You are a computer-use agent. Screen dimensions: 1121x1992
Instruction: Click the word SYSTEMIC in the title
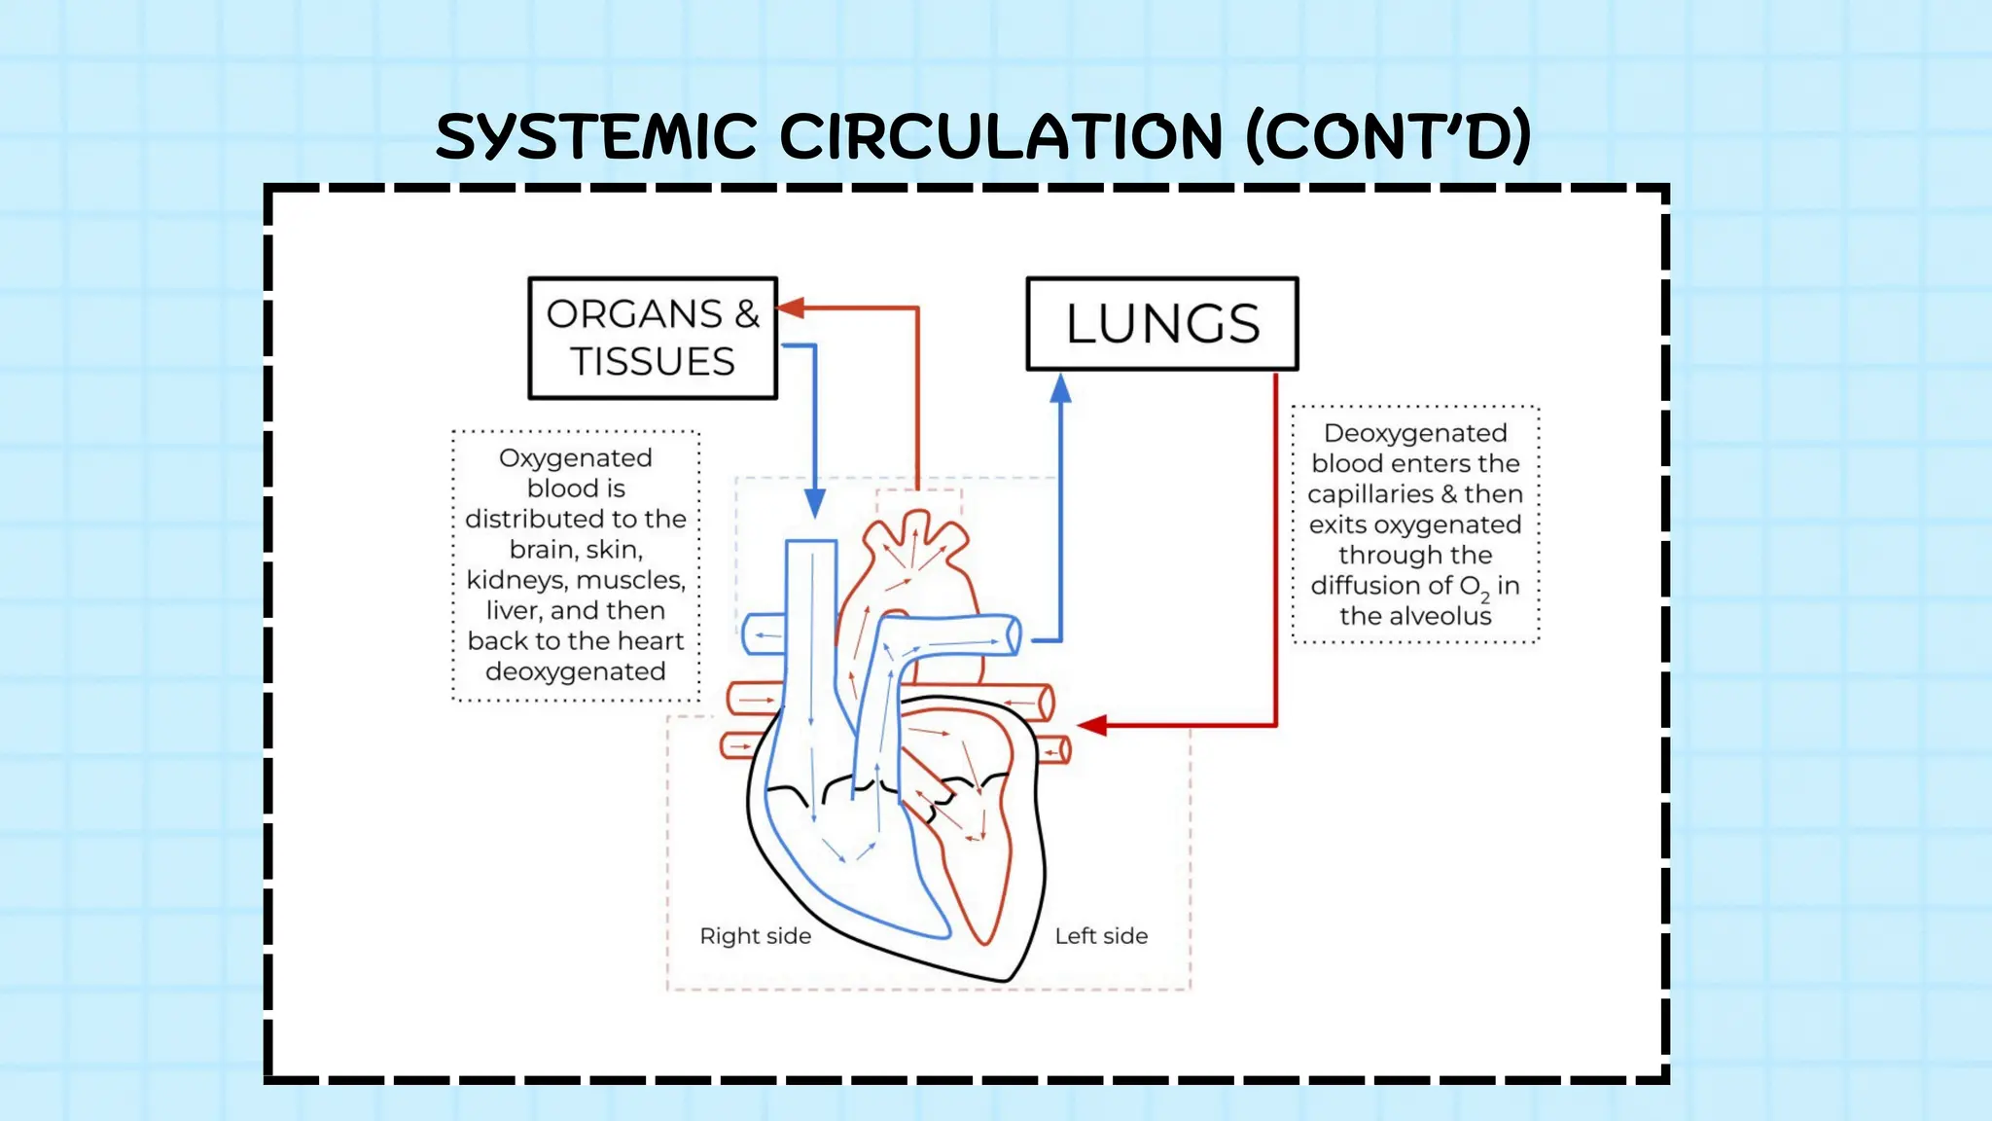595,136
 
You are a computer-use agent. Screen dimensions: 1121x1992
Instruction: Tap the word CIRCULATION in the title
1000,136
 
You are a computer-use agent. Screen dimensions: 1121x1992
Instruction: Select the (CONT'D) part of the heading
1388,136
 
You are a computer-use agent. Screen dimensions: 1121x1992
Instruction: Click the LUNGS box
1162,324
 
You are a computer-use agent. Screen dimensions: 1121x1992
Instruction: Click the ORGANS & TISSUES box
653,338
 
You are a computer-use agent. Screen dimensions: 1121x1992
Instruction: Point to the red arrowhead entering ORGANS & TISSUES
790,308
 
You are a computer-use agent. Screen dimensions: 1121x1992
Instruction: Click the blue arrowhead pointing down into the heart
815,503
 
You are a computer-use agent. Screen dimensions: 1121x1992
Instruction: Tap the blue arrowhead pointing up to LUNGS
1060,389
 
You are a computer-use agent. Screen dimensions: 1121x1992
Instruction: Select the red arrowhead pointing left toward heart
1092,725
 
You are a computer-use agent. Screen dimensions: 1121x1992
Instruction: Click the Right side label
755,936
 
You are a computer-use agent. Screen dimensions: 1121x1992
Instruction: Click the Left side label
1101,936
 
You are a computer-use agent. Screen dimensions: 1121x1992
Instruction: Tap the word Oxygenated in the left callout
575,458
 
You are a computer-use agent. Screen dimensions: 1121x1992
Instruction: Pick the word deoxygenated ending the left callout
575,672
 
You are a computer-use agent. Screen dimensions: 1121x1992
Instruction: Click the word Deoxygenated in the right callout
1415,433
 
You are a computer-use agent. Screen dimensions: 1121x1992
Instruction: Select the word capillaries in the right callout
1369,494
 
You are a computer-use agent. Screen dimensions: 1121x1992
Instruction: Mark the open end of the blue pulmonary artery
1014,636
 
